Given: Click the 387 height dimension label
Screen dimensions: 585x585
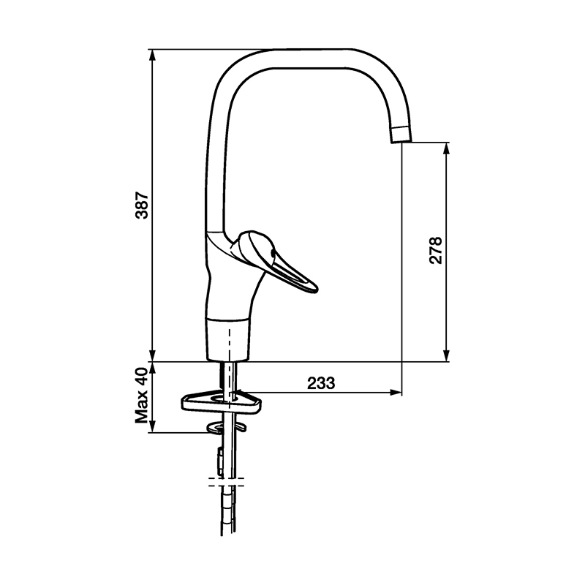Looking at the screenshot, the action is (142, 205).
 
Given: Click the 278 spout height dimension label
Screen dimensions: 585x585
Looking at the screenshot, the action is (435, 250).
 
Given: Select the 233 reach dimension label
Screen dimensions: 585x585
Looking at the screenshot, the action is (321, 382).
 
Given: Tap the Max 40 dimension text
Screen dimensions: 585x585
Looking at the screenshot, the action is (141, 396).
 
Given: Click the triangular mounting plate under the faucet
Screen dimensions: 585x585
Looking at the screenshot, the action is (222, 401).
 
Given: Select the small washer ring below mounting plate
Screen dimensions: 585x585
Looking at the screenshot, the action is (226, 428).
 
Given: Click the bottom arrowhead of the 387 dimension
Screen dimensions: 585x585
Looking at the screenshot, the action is (151, 355).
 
